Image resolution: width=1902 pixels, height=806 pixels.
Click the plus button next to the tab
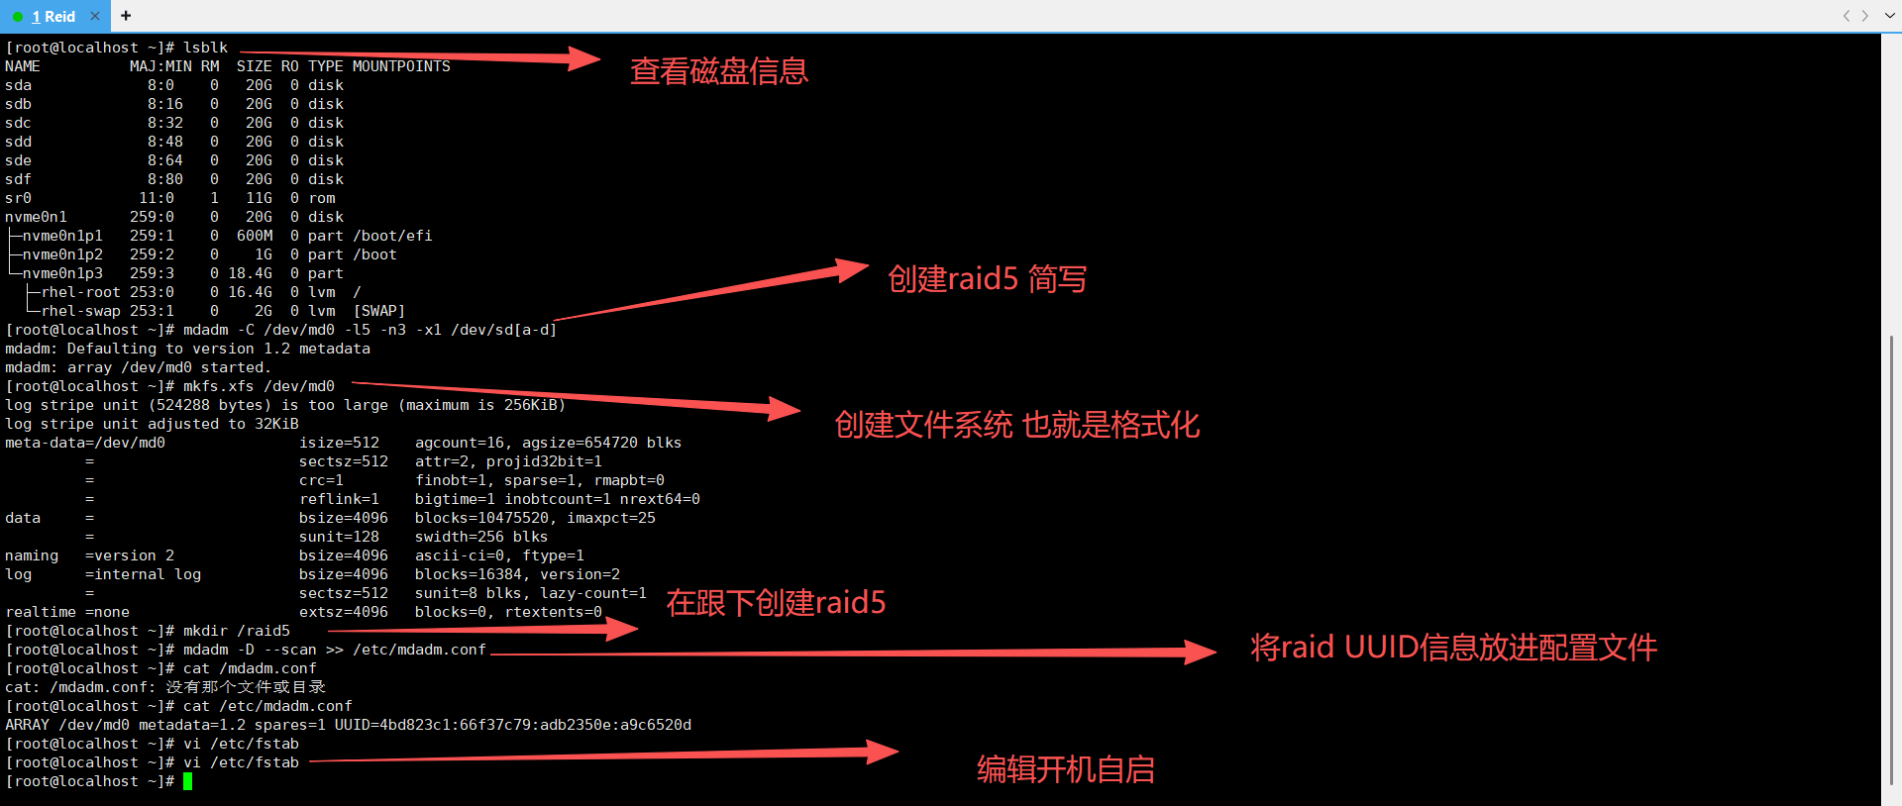point(126,16)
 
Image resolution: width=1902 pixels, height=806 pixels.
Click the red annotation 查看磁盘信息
point(719,71)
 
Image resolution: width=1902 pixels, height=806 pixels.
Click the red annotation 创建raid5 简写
point(987,279)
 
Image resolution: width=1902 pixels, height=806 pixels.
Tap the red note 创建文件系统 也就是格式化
point(1017,425)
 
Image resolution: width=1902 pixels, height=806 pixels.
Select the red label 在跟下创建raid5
point(776,602)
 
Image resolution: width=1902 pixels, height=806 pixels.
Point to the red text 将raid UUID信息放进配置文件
point(1453,648)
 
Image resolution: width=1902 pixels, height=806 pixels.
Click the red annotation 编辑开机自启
point(1066,769)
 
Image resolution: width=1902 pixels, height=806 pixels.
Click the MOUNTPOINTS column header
point(401,66)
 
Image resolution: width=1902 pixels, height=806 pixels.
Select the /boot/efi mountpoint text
point(392,236)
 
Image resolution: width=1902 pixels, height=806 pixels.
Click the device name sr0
point(18,198)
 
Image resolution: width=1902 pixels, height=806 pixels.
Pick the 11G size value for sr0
point(259,198)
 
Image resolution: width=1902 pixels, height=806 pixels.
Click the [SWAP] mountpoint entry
point(379,311)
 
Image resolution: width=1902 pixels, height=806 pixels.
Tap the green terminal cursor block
point(187,781)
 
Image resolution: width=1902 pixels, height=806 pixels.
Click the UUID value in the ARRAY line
point(512,725)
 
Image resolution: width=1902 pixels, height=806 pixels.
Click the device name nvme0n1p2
point(62,254)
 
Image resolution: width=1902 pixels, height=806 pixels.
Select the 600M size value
point(255,236)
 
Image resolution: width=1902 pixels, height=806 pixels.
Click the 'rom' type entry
point(322,198)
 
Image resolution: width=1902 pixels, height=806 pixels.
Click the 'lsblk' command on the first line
point(205,48)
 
